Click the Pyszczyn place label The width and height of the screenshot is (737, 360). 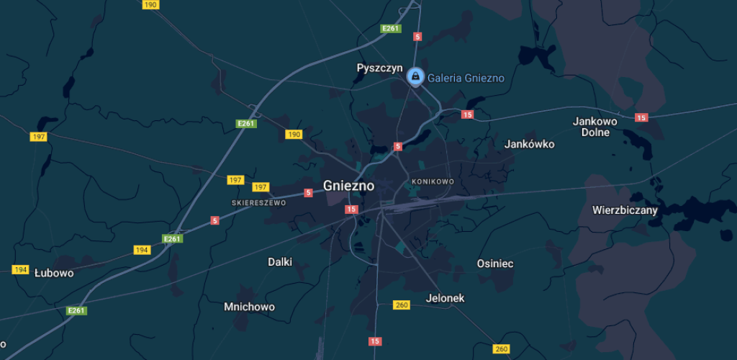(379, 68)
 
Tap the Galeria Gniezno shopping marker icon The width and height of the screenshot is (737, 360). (415, 76)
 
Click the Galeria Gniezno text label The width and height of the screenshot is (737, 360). (466, 78)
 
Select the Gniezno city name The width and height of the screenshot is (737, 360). (348, 185)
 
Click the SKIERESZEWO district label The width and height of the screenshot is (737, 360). (258, 203)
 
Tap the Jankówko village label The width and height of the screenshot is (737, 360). (529, 144)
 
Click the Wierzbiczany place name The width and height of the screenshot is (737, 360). (625, 210)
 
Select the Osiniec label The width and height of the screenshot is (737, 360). (495, 264)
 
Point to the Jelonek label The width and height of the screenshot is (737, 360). (446, 298)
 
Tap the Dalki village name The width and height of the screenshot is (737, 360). (280, 262)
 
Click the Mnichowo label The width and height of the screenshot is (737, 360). (249, 307)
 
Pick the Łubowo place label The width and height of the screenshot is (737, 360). (54, 273)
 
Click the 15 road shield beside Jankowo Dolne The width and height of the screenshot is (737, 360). (641, 117)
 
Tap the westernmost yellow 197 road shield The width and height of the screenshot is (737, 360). (39, 137)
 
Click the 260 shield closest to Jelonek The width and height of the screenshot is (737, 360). (402, 305)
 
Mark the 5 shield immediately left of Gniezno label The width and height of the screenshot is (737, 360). (308, 192)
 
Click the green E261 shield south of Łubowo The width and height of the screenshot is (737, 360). (76, 311)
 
